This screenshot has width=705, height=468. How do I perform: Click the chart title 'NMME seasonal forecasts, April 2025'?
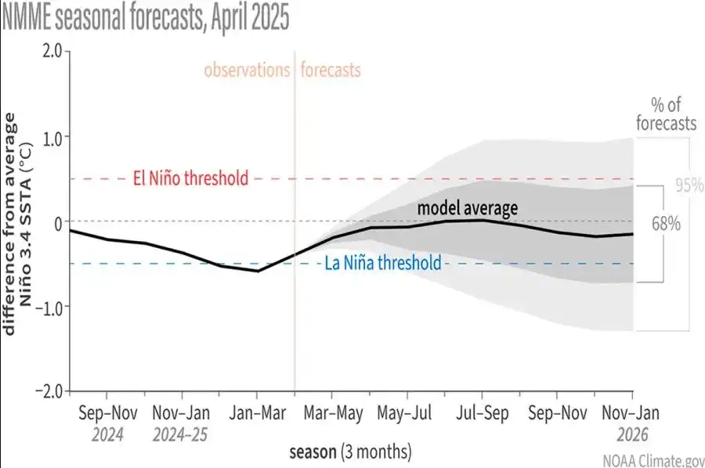146,17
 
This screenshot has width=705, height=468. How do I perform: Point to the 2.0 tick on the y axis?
52,51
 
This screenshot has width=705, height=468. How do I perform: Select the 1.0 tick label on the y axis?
52,137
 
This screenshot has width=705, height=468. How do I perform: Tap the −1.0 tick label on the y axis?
49,307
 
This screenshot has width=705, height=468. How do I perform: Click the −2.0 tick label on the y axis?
49,391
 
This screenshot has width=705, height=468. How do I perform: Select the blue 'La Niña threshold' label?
383,263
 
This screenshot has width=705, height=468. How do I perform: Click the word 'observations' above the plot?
247,70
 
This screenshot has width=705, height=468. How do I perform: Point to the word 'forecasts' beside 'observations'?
330,70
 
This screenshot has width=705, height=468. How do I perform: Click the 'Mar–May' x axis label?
332,412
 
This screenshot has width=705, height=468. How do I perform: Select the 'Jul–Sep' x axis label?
481,412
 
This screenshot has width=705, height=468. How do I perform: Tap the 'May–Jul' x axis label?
407,412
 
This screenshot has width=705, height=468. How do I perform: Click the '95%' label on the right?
689,186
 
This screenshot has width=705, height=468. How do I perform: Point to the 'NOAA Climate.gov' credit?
653,460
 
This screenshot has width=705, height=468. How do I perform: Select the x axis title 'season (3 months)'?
350,452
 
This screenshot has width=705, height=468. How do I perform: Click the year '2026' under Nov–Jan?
631,434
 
